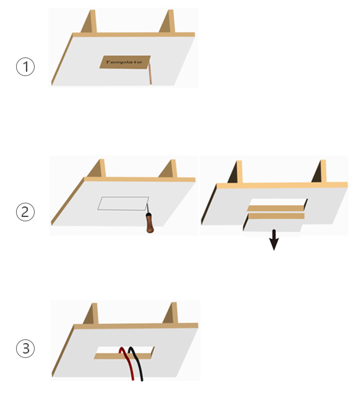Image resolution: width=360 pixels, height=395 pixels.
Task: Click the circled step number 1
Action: pos(25,67)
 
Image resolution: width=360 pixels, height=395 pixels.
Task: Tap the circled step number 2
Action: pos(25,212)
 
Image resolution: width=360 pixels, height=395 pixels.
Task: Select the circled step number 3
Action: pos(25,349)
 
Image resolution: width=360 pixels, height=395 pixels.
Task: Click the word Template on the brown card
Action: pos(124,62)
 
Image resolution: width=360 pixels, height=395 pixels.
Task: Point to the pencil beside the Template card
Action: pos(150,73)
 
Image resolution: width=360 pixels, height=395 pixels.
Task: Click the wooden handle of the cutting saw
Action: pos(150,223)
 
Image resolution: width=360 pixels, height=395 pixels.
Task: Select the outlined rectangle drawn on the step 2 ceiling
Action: pos(123,203)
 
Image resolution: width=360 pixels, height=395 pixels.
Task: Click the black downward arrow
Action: pos(274,240)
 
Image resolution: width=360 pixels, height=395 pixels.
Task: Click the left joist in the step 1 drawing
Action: pos(89,22)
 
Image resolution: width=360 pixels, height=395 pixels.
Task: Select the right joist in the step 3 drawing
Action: pos(171,313)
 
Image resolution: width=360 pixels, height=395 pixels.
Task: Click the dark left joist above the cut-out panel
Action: pos(235,172)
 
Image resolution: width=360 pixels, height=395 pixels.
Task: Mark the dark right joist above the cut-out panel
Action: pos(319,171)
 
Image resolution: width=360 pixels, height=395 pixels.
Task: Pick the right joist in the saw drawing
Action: pos(168,169)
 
